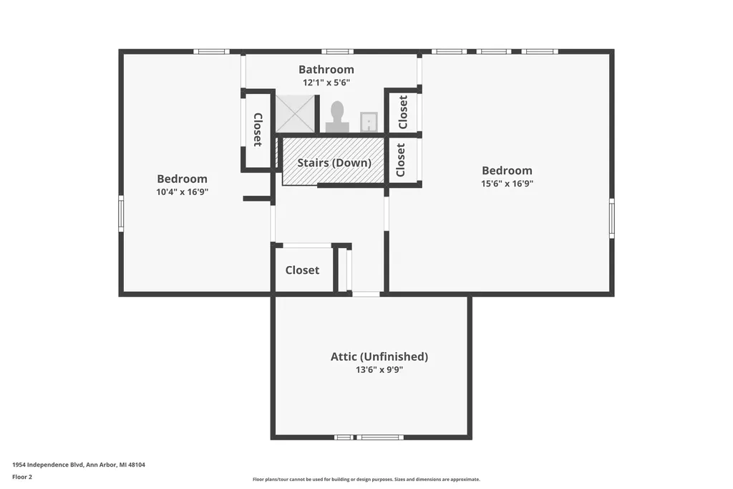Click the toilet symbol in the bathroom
point(337,117)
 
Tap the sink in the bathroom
point(369,122)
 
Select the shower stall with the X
point(295,114)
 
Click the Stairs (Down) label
point(334,163)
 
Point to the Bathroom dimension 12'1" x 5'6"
point(326,83)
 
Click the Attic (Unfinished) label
point(379,356)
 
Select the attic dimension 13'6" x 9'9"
point(379,369)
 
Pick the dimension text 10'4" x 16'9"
point(183,191)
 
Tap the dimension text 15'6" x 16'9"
point(508,184)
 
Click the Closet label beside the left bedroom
point(258,130)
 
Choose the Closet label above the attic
point(303,270)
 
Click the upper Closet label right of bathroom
point(403,112)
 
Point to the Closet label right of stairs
point(401,160)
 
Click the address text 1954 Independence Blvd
point(48,465)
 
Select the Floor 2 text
point(22,477)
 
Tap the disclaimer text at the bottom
point(366,479)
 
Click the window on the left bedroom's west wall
point(121,214)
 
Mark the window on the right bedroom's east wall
point(611,218)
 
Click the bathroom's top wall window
point(337,52)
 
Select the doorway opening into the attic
point(366,294)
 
